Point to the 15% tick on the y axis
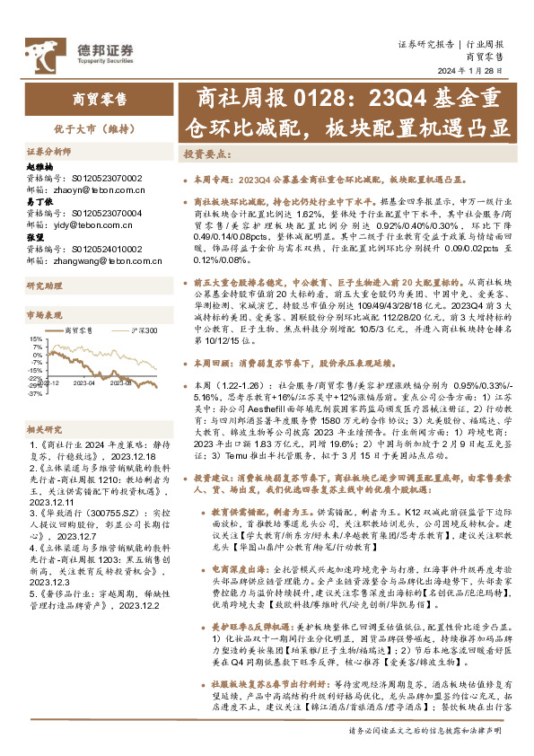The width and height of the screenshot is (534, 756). pyautogui.click(x=34, y=340)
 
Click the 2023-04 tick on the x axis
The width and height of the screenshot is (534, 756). pyautogui.click(x=86, y=382)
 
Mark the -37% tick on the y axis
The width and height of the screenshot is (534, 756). pyautogui.click(x=33, y=393)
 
